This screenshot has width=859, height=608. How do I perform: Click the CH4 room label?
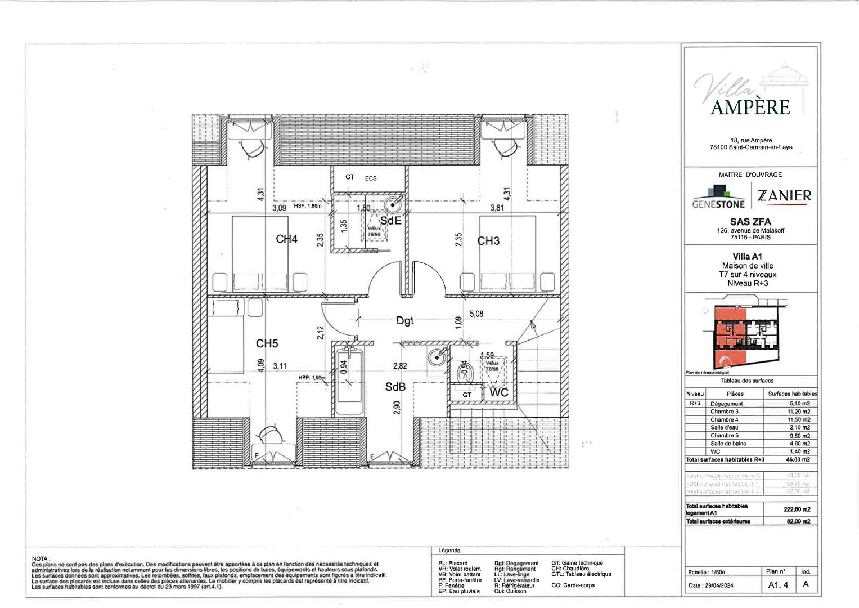pos(286,239)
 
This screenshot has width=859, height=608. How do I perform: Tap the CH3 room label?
pos(488,241)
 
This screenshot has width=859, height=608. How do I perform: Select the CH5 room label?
pos(267,343)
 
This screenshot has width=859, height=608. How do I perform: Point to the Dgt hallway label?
pos(404,321)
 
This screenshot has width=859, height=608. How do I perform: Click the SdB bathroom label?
pos(395,387)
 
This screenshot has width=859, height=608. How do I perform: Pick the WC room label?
pos(498,392)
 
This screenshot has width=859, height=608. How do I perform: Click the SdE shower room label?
pos(391,221)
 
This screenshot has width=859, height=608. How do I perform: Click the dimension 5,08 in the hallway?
pos(476,314)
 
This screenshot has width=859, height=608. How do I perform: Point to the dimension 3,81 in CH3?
pos(497,208)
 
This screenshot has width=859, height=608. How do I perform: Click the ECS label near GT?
pos(371,178)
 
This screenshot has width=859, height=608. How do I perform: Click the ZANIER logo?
pos(784,196)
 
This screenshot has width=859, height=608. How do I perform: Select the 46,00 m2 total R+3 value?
pos(799,459)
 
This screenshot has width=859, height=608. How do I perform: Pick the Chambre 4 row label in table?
pos(724,419)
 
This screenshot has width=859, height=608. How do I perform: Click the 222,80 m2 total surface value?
pos(797,509)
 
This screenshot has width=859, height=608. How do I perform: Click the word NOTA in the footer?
pos(41,558)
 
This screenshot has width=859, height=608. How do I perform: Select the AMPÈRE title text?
pos(750,107)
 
